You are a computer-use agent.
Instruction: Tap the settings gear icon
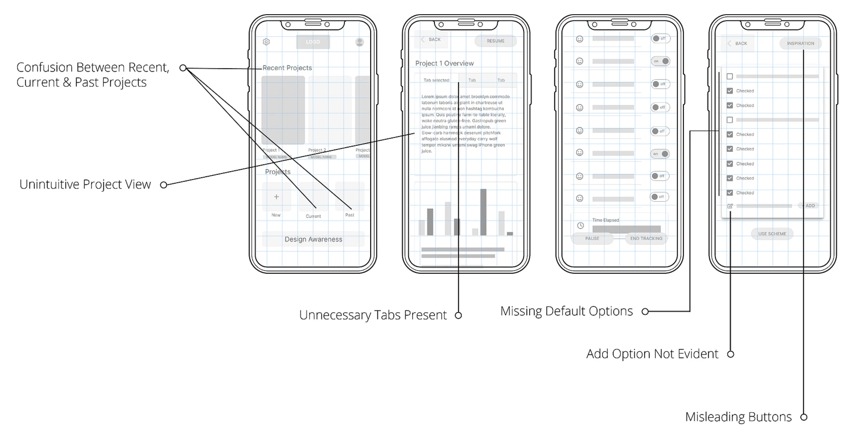(x=266, y=42)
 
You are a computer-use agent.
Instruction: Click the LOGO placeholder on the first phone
(x=313, y=42)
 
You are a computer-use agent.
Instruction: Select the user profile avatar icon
(x=360, y=42)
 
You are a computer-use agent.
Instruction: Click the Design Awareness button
(x=313, y=239)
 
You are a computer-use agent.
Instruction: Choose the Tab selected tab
(x=436, y=80)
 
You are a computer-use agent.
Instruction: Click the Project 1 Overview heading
(x=444, y=64)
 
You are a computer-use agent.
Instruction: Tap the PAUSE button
(x=592, y=239)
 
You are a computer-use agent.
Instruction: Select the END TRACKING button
(x=646, y=239)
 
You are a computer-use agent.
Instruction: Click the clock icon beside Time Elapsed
(x=580, y=226)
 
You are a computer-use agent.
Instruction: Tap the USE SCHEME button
(x=772, y=234)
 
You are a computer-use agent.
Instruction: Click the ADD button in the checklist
(x=810, y=206)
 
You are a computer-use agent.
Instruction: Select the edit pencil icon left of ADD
(x=730, y=206)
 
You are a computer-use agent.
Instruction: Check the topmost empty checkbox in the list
(x=730, y=76)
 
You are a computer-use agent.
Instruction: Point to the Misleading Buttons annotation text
(x=738, y=417)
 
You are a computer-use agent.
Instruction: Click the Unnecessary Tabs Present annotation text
(x=373, y=315)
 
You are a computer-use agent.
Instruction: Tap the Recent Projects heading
(x=287, y=68)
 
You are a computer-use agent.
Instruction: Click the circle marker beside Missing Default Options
(x=645, y=311)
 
